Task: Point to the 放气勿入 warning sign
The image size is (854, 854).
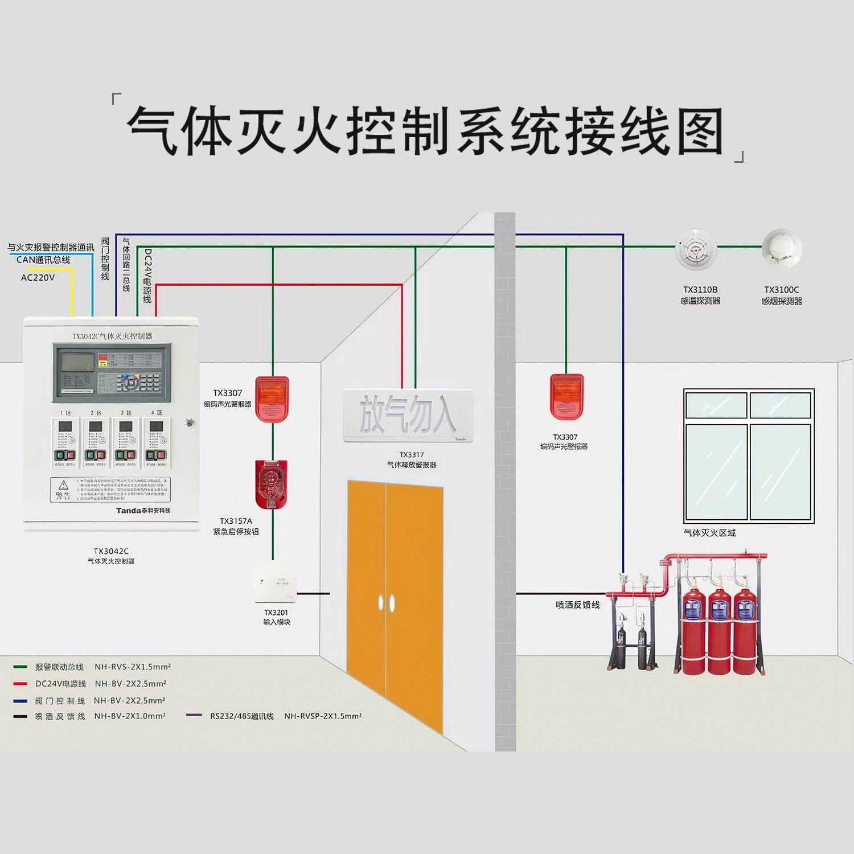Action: click(408, 415)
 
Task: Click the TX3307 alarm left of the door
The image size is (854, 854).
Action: click(272, 399)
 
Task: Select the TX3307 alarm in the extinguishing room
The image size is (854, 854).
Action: click(566, 397)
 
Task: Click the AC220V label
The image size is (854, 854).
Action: click(38, 278)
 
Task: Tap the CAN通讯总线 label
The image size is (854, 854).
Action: click(43, 260)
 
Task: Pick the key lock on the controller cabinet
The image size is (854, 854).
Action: click(190, 423)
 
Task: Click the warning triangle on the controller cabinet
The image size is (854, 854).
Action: click(63, 485)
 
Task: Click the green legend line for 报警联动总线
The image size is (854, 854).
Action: click(20, 667)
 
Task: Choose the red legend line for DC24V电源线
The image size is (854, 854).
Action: click(20, 684)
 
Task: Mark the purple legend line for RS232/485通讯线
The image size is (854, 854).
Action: click(194, 716)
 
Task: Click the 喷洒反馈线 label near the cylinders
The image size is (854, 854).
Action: click(578, 605)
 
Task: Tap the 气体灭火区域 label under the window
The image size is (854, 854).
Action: click(709, 533)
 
